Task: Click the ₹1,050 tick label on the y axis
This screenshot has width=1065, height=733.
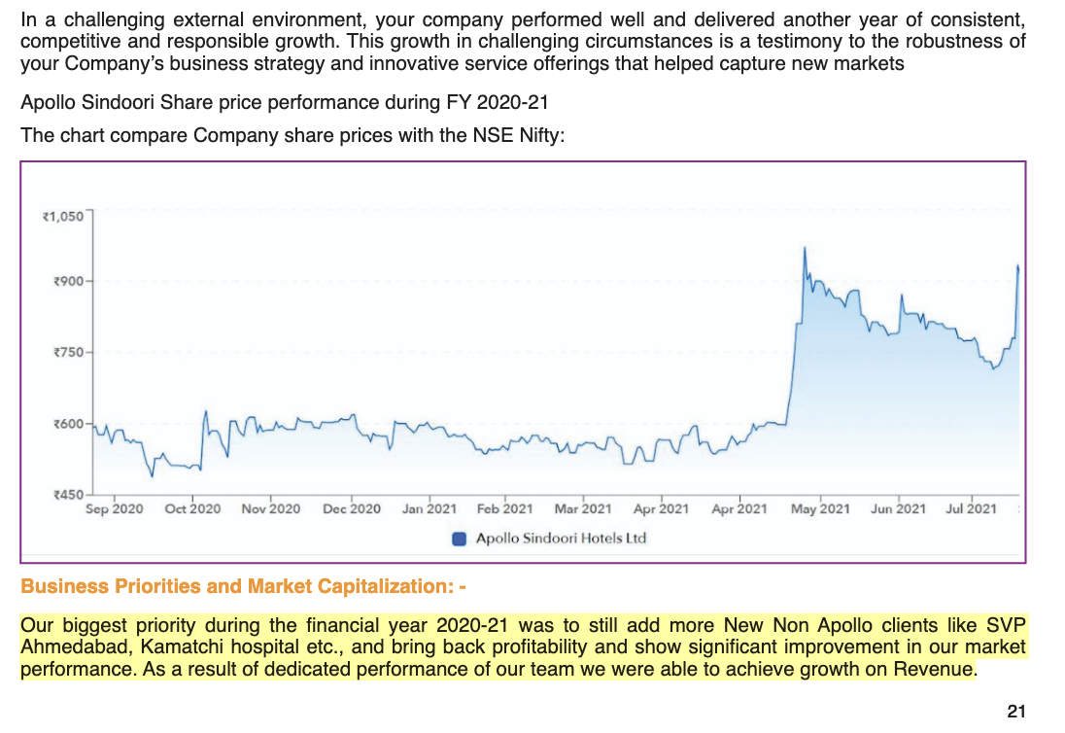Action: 64,216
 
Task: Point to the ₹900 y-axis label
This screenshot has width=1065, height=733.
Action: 69,281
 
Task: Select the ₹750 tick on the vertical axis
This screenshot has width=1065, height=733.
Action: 69,352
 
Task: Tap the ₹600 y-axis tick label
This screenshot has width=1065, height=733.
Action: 69,424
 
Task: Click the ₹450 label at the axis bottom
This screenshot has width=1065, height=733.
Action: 69,495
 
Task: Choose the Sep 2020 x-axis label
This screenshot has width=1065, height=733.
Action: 114,508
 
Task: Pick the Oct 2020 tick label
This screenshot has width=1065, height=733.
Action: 192,508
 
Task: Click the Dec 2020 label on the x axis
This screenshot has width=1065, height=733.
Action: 352,508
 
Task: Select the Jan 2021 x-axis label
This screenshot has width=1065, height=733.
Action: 429,508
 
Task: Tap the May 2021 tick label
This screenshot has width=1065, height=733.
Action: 820,508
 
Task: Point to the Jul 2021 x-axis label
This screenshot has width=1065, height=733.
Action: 971,508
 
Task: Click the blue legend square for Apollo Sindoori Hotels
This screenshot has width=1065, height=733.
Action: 461,539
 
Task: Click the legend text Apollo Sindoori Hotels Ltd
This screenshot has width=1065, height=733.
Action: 561,539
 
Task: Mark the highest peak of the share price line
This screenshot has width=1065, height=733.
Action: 805,249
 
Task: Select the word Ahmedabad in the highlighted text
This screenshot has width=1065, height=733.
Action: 67,646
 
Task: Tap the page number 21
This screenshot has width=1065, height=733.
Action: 1016,712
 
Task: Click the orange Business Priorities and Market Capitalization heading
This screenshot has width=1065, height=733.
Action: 244,587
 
